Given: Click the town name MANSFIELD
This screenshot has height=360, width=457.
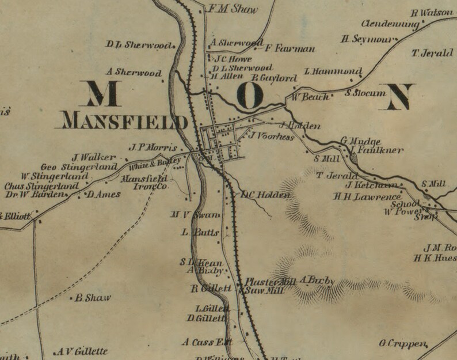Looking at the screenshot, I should coord(124,122).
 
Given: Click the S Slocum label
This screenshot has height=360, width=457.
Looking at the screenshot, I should coord(365,92).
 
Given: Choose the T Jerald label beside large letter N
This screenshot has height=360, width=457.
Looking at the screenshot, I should coord(432,53).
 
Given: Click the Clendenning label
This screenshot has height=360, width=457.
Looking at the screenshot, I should coord(390,24).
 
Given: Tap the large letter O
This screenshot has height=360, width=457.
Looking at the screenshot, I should coord(249,96).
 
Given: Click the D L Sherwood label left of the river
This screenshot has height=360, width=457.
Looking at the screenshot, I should coord(140,45).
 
